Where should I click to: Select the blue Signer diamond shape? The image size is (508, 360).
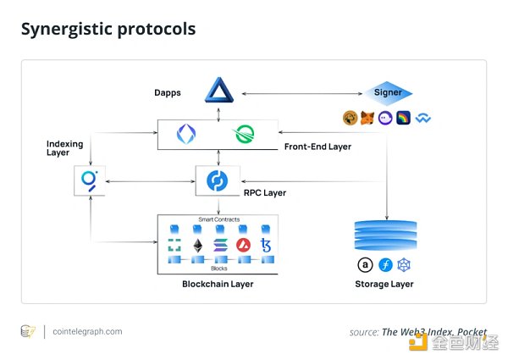pos(389,92)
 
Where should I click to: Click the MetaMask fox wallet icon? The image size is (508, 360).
pos(367,119)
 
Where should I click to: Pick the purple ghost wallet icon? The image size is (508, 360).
pos(386,119)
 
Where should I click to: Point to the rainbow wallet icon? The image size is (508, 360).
pos(405,119)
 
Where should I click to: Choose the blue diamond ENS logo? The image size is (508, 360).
pos(185,134)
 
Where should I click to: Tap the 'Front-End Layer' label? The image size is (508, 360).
pos(317,147)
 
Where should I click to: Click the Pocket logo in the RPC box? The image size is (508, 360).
pos(218,180)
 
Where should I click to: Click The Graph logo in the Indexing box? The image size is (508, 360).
pos(89,180)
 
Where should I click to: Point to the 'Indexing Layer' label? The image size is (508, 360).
pos(64,149)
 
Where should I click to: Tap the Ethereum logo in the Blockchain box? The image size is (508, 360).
pos(198,246)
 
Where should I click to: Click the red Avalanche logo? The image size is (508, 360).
pos(244,246)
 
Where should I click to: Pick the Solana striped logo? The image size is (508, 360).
pos(221,246)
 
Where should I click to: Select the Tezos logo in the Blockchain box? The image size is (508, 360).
pos(267,246)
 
